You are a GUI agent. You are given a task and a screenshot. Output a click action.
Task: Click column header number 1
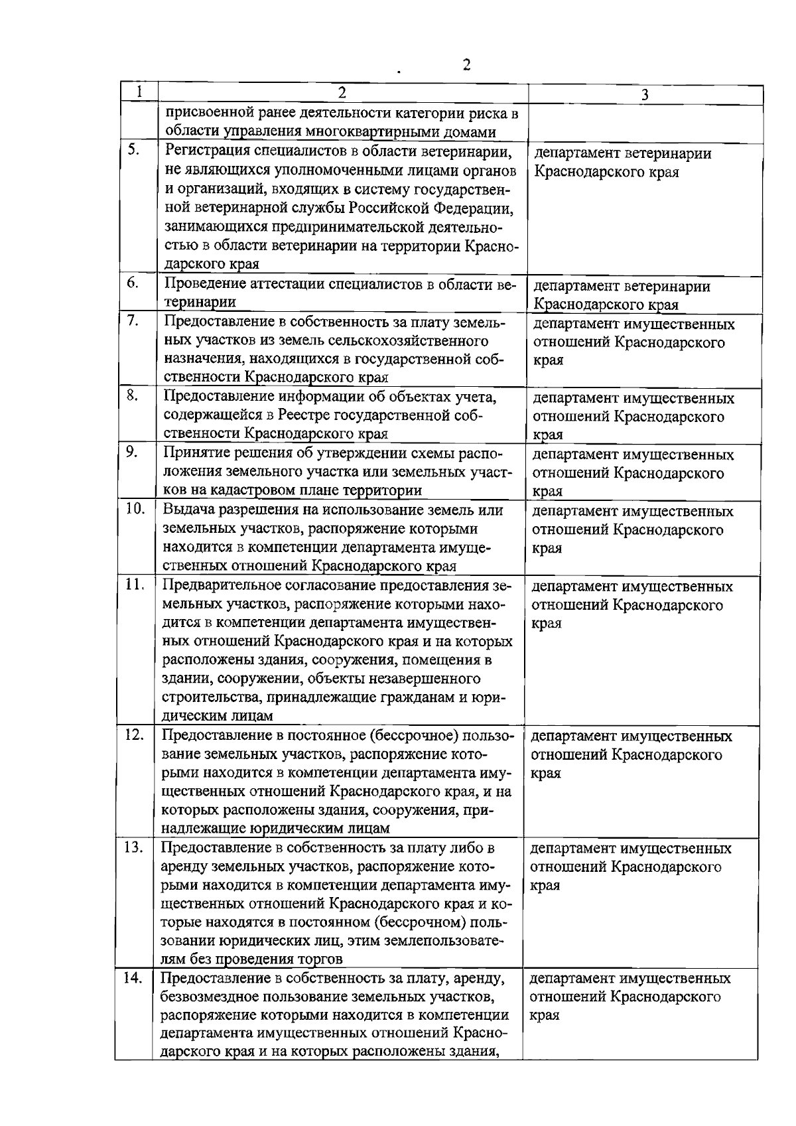(x=138, y=91)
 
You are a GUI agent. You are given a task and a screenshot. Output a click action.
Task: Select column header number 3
(x=644, y=95)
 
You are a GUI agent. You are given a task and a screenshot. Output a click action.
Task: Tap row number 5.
(x=133, y=150)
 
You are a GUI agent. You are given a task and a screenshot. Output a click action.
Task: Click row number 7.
(x=133, y=321)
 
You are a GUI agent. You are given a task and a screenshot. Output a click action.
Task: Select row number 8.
(x=132, y=395)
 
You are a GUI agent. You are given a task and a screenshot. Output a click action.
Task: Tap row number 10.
(x=135, y=509)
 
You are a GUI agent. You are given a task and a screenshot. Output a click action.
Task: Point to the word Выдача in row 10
(x=188, y=510)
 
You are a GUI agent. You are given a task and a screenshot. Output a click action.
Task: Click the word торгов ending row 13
(x=320, y=959)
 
